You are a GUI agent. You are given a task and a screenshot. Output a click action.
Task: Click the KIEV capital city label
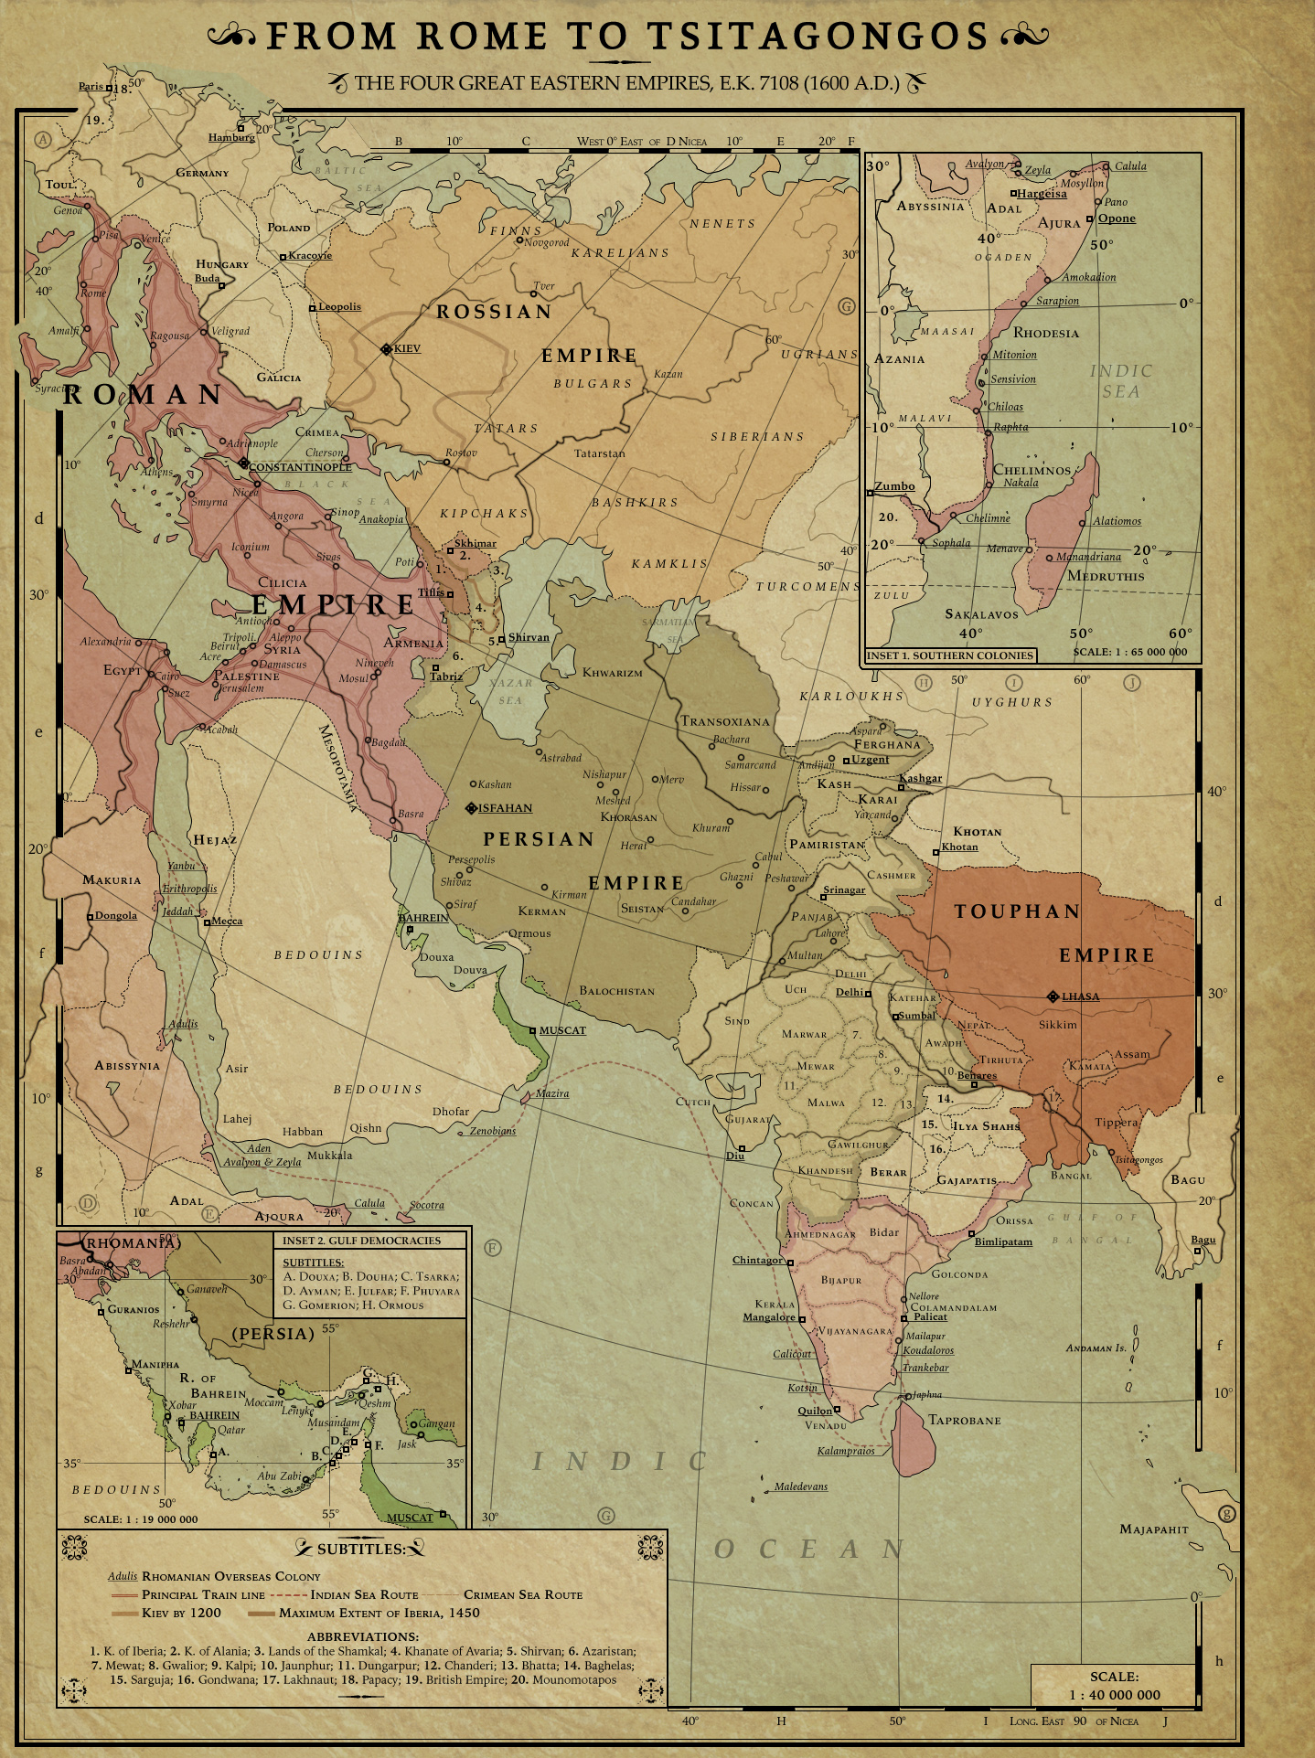click(406, 348)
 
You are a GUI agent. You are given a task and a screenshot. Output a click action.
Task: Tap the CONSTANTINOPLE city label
click(299, 466)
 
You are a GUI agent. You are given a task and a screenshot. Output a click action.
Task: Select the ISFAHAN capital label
click(505, 808)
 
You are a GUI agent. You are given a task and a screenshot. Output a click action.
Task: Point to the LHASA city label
click(1080, 996)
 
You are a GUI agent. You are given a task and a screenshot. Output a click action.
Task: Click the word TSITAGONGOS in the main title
click(818, 37)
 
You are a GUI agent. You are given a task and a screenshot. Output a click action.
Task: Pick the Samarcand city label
click(750, 764)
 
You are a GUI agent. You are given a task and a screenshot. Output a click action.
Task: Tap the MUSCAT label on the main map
click(562, 1030)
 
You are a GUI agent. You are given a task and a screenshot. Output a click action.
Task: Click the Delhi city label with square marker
click(850, 992)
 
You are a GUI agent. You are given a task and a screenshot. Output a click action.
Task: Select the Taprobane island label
click(964, 1420)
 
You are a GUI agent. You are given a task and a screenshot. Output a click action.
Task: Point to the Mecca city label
click(227, 921)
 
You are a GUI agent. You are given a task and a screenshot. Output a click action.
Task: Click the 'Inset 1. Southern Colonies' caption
click(949, 655)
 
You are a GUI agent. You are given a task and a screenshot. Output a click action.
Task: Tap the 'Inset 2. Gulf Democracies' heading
click(361, 1241)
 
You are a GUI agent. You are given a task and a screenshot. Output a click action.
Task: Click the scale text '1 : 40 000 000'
click(1114, 1694)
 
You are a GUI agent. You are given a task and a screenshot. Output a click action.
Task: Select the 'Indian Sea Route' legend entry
click(364, 1594)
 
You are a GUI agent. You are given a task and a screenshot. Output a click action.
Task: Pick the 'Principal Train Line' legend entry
click(203, 1594)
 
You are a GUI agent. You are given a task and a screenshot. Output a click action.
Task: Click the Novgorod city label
click(546, 242)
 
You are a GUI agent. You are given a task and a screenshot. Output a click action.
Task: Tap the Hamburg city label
click(231, 137)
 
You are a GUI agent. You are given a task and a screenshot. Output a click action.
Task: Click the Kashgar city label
click(920, 778)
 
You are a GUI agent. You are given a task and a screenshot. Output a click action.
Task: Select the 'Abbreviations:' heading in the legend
click(362, 1636)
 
